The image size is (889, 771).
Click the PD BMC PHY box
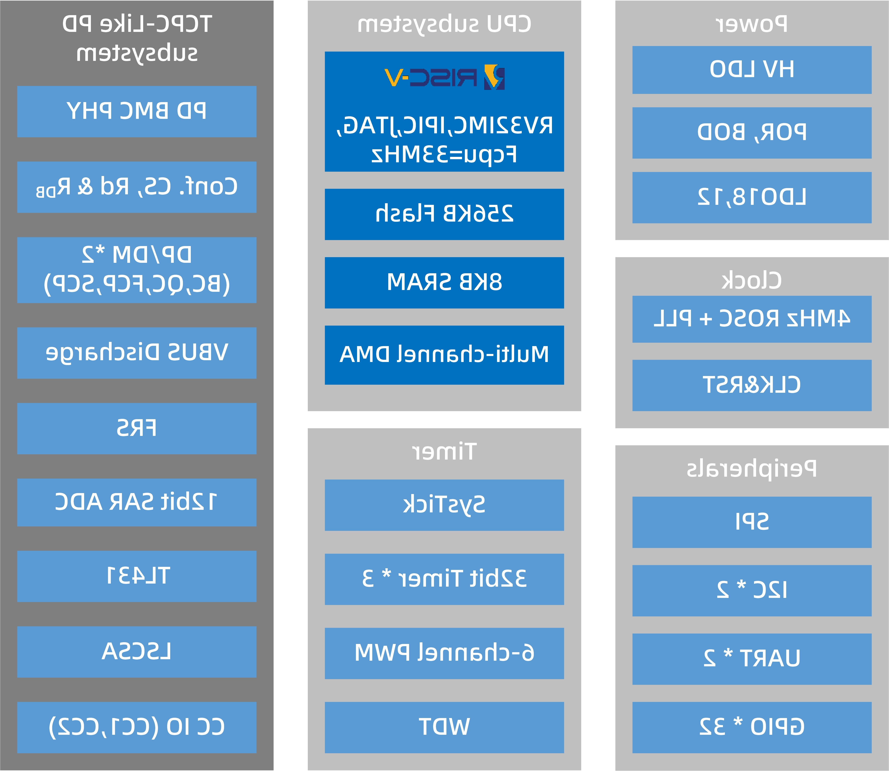137,111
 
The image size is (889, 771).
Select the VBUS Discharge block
137,353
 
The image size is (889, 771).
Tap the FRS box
137,428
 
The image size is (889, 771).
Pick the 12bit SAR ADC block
137,502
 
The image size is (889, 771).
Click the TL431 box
137,576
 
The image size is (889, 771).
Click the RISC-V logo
444,77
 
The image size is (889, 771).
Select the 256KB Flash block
444,214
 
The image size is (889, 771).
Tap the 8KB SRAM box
444,282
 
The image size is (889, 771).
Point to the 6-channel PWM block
444,653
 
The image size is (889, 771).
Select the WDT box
444,727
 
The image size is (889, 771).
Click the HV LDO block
752,70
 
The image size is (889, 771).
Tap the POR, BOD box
752,133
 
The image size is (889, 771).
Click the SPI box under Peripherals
752,522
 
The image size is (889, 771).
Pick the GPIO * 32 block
752,727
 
